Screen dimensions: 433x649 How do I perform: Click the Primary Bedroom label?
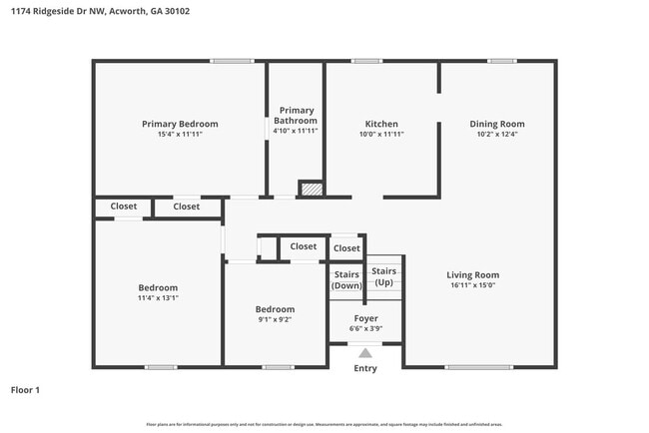point(180,124)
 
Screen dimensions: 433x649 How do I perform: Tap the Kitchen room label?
point(381,124)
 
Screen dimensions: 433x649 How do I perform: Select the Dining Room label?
point(497,124)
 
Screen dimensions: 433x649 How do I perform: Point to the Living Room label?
point(472,274)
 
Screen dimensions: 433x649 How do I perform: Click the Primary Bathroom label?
point(297,116)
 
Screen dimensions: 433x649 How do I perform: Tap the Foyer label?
point(365,317)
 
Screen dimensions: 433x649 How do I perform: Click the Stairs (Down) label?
point(346,278)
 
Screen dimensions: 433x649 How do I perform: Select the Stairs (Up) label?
point(384,275)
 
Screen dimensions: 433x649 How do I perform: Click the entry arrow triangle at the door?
point(365,352)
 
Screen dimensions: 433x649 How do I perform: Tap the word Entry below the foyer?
point(365,368)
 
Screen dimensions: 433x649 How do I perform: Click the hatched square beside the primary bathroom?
point(313,189)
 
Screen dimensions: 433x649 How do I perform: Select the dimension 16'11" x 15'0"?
point(472,285)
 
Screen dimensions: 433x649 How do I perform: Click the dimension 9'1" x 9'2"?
point(275,320)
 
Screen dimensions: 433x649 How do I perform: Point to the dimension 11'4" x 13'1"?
point(158,297)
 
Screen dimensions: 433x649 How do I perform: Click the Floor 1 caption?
point(25,390)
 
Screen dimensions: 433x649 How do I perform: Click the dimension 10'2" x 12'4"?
point(497,134)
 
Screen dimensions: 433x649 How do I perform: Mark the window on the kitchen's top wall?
point(366,61)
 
